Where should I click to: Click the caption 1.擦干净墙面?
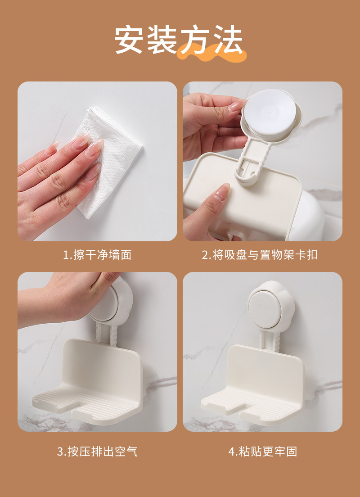(97, 255)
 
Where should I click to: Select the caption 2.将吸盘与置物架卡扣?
(260, 255)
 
